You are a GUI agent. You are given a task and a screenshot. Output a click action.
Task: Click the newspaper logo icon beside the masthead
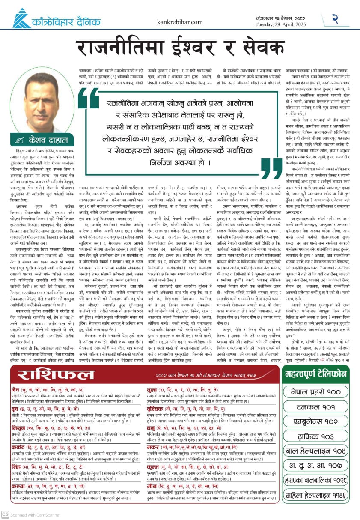20,18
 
